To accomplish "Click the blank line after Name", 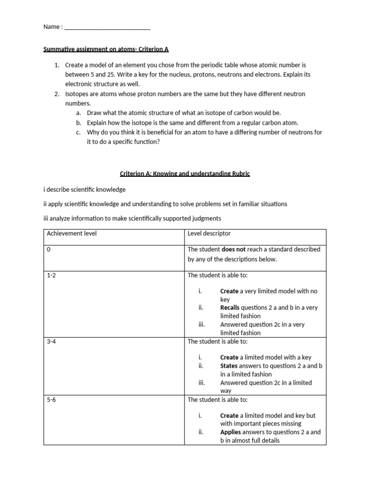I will click(107, 27).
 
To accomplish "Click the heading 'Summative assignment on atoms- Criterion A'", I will click(106, 49).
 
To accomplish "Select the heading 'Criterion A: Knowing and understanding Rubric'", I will click(185, 174).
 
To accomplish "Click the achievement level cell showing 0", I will click(49, 249).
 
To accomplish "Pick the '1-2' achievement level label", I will click(52, 275).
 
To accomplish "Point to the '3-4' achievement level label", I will click(52, 341).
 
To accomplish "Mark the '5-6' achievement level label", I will click(52, 400).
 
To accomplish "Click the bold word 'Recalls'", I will click(230, 308).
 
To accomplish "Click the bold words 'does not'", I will click(234, 249).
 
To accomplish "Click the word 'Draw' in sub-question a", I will click(94, 113).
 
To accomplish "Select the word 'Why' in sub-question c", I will click(93, 132).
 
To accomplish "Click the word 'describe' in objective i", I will click(58, 189).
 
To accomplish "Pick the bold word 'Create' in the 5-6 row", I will click(229, 415).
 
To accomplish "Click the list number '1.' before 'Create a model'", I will click(56, 65).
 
